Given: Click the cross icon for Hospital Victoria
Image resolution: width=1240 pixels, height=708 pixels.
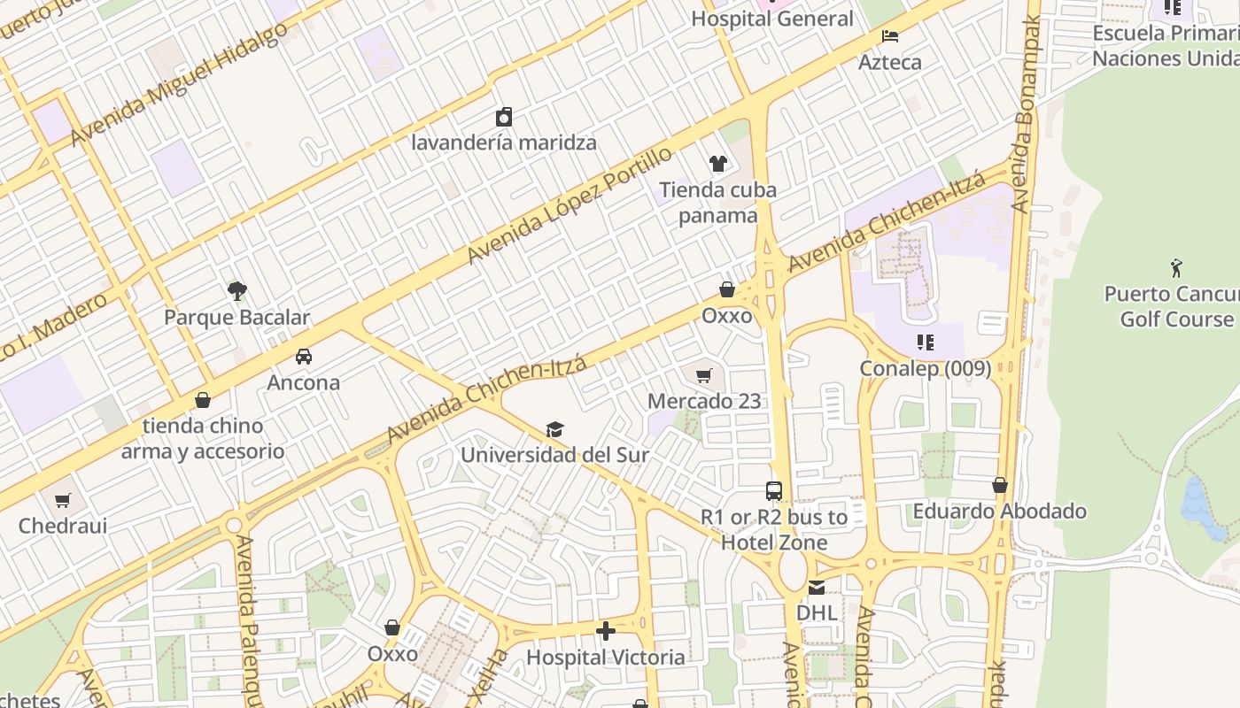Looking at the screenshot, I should click(606, 631).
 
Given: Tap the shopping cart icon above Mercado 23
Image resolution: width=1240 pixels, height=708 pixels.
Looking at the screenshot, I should click(704, 375).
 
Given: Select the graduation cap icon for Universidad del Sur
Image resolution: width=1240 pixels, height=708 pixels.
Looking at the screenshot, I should click(554, 429).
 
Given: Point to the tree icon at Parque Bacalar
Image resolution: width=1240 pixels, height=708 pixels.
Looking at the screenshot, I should click(236, 290).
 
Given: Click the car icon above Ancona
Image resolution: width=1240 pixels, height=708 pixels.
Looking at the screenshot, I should click(304, 357).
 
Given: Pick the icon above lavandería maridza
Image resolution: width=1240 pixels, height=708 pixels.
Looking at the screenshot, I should click(504, 117).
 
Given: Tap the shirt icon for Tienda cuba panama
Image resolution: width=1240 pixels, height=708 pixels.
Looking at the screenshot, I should click(717, 164).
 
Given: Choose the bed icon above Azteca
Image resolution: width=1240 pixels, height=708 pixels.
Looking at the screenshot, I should click(890, 36).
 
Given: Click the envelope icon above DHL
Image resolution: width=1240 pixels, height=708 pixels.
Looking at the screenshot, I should click(816, 588).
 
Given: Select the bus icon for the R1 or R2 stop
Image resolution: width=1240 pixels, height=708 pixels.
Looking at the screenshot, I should click(774, 491).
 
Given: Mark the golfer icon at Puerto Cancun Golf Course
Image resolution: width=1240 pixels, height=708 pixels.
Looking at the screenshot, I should click(1176, 267).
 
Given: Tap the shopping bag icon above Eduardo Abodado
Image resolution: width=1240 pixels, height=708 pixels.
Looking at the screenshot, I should click(1000, 485).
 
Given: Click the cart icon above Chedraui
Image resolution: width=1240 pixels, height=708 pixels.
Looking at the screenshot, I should click(63, 500).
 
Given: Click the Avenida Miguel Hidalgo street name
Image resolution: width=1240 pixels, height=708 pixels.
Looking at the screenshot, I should click(179, 85).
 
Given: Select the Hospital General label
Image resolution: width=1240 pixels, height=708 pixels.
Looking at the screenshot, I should click(772, 19).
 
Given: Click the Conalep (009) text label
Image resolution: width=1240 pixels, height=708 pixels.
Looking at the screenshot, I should click(926, 368).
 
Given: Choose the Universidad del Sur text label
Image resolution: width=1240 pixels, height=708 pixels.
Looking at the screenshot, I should click(554, 455).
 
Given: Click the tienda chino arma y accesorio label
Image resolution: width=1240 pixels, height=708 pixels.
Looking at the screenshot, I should click(203, 438).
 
